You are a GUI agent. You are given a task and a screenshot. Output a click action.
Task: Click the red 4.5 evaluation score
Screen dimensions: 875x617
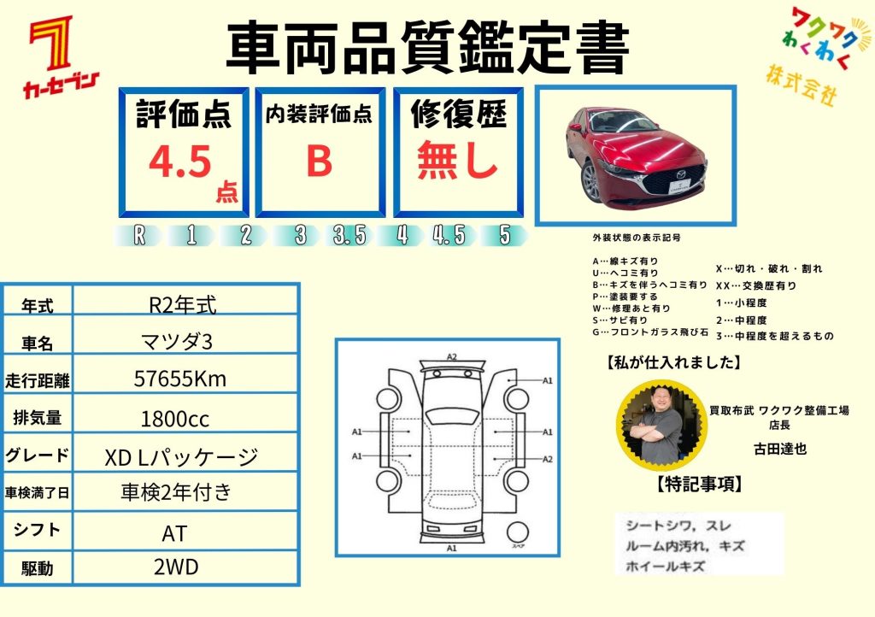click(179, 162)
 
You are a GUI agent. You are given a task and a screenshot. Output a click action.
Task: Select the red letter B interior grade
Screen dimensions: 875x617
click(320, 161)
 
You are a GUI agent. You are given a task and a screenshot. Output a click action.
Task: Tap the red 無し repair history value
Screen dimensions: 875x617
click(457, 160)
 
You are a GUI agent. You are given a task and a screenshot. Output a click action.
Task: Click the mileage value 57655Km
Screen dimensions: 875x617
click(180, 379)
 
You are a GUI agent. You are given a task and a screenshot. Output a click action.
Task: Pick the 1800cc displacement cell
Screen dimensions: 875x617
click(175, 419)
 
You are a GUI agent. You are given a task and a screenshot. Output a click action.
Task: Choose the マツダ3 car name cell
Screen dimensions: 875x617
click(177, 342)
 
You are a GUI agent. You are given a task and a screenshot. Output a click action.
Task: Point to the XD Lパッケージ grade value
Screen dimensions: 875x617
click(181, 457)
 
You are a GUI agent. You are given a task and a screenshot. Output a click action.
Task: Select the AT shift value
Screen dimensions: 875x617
click(174, 534)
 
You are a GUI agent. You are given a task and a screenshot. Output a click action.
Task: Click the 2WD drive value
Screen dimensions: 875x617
click(176, 567)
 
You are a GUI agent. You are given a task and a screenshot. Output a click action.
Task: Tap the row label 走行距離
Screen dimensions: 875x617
click(38, 381)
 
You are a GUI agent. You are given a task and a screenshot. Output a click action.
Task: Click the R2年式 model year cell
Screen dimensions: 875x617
click(183, 305)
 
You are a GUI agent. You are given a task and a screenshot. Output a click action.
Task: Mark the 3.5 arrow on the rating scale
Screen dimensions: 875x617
click(349, 235)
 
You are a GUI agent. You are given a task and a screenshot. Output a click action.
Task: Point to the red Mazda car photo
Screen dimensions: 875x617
click(636, 154)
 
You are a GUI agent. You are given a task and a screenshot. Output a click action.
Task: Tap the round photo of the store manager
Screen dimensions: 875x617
click(662, 425)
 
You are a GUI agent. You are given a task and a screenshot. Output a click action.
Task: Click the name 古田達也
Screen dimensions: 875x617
click(780, 450)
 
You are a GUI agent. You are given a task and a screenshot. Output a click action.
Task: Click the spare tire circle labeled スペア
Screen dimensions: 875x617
click(517, 532)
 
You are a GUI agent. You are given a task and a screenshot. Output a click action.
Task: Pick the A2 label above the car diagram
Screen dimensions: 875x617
click(452, 357)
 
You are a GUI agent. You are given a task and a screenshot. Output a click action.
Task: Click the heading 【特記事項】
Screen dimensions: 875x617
click(700, 484)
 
